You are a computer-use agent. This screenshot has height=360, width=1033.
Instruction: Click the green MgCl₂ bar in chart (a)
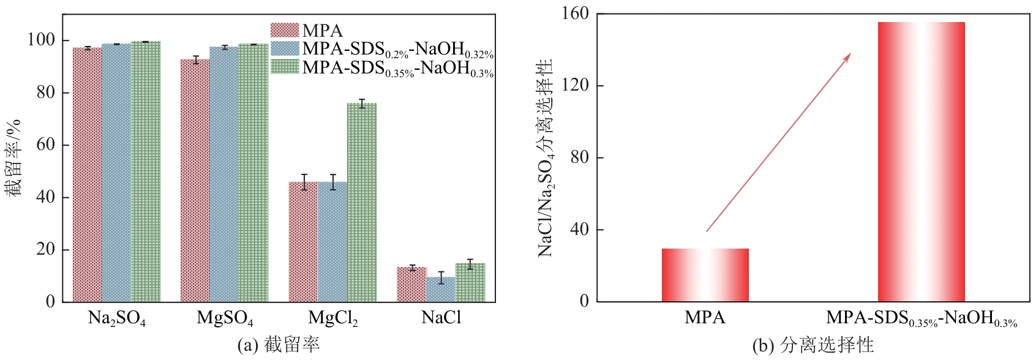[x=362, y=202]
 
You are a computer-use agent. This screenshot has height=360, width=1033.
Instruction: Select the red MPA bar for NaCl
[x=411, y=284]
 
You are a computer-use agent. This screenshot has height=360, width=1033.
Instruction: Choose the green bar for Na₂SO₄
[x=146, y=171]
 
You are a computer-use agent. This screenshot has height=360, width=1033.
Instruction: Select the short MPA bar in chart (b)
[x=705, y=275]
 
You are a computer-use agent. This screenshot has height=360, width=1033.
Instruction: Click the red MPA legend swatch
[x=285, y=30]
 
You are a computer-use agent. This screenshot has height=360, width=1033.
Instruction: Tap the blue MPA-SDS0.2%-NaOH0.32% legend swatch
[x=285, y=48]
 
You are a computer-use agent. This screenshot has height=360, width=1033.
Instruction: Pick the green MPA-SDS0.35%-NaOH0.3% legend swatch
[x=285, y=67]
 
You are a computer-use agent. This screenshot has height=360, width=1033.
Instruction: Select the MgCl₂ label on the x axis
[x=332, y=318]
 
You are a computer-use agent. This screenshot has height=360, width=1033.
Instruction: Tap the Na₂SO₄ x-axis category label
[x=116, y=318]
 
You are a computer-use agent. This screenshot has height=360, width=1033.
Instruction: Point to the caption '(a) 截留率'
[x=278, y=345]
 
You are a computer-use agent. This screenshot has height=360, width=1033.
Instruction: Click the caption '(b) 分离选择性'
[x=813, y=345]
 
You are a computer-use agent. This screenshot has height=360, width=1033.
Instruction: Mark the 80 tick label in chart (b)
[x=579, y=157]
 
